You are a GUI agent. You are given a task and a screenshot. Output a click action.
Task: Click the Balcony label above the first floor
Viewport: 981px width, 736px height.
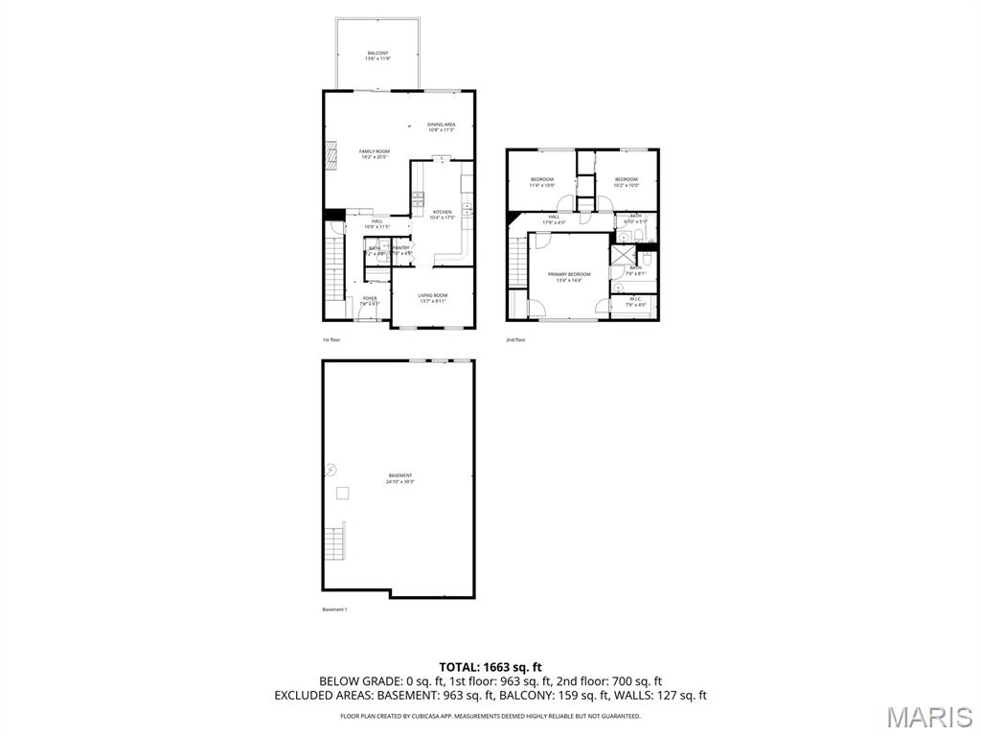click(378, 55)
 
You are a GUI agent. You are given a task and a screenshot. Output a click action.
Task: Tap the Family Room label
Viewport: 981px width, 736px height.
click(375, 153)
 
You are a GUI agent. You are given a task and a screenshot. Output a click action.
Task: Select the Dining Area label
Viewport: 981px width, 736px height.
click(441, 126)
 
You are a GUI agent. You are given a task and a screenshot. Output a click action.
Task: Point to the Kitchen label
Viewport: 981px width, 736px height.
click(442, 215)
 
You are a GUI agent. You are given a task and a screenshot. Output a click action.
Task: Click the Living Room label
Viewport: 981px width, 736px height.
click(433, 298)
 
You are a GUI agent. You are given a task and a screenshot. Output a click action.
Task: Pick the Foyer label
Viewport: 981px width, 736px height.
click(369, 300)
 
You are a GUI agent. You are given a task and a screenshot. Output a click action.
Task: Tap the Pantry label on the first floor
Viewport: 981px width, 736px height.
click(400, 250)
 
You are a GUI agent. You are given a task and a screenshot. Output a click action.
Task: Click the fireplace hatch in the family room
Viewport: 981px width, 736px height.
click(332, 154)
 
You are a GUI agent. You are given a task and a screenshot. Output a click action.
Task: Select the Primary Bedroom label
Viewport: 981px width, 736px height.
click(569, 277)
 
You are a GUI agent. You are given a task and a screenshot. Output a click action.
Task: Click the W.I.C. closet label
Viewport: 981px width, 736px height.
click(635, 301)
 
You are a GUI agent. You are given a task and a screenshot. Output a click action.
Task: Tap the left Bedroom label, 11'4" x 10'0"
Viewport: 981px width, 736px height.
click(542, 181)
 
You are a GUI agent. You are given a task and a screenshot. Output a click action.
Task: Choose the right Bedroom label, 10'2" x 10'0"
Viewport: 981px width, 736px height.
click(626, 181)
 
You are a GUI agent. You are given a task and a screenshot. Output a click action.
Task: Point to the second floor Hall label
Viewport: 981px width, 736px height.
click(554, 218)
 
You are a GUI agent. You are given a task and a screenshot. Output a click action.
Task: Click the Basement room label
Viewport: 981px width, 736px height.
click(400, 477)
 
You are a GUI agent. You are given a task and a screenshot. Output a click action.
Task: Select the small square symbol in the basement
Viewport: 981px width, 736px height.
click(342, 492)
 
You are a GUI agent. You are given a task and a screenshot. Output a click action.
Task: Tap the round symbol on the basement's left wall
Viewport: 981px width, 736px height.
click(331, 469)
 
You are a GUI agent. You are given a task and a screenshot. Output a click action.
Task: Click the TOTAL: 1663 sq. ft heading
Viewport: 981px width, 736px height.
click(490, 666)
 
